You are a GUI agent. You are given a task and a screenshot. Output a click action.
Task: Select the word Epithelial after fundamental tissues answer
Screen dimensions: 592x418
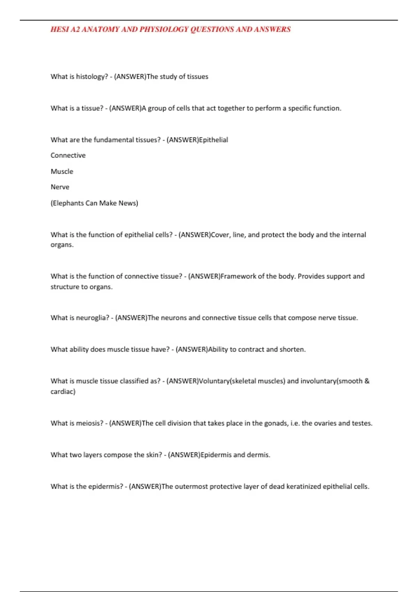point(214,140)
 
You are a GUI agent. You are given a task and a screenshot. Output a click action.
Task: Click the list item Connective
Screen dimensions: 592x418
point(68,155)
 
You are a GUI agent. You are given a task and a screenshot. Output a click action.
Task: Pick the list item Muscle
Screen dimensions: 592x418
point(62,171)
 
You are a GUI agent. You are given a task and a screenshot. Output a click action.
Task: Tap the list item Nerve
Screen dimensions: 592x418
point(60,187)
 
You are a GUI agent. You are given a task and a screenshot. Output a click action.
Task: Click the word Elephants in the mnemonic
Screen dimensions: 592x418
point(68,203)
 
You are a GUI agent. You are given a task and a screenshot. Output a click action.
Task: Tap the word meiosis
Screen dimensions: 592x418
point(90,423)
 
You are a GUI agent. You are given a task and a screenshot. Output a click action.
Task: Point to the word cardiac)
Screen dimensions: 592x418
point(63,391)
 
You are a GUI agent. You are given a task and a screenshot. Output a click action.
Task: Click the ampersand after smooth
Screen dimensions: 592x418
point(367,381)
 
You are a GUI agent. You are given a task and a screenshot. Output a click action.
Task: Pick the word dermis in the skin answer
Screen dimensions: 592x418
point(258,455)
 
